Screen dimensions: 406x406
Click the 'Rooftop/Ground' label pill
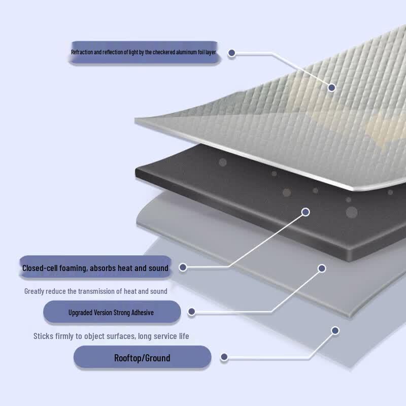pyautogui.click(x=142, y=357)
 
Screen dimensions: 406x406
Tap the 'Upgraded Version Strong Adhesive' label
pyautogui.click(x=112, y=312)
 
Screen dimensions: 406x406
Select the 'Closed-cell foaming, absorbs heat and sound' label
pyautogui.click(x=95, y=267)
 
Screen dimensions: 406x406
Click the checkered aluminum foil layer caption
pyautogui.click(x=144, y=52)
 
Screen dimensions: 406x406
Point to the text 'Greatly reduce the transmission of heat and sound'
pyautogui.click(x=96, y=291)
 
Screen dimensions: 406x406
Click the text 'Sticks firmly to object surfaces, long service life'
pyautogui.click(x=111, y=336)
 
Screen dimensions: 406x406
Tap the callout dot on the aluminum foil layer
pyautogui.click(x=332, y=87)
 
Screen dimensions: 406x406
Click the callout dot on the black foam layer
pyautogui.click(x=306, y=212)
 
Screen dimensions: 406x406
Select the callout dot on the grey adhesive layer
pyautogui.click(x=322, y=268)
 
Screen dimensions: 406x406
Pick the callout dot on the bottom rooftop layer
pyautogui.click(x=335, y=330)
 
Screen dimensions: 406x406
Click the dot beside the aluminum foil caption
pyautogui.click(x=232, y=53)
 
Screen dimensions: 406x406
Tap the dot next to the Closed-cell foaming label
pyautogui.click(x=183, y=267)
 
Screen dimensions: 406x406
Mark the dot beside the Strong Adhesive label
pyautogui.click(x=192, y=312)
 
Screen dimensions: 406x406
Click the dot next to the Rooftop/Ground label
pyautogui.click(x=224, y=357)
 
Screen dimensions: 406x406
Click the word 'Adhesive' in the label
pyautogui.click(x=143, y=313)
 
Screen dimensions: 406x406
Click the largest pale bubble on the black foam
pyautogui.click(x=352, y=212)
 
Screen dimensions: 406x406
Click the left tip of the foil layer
pyautogui.click(x=135, y=120)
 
